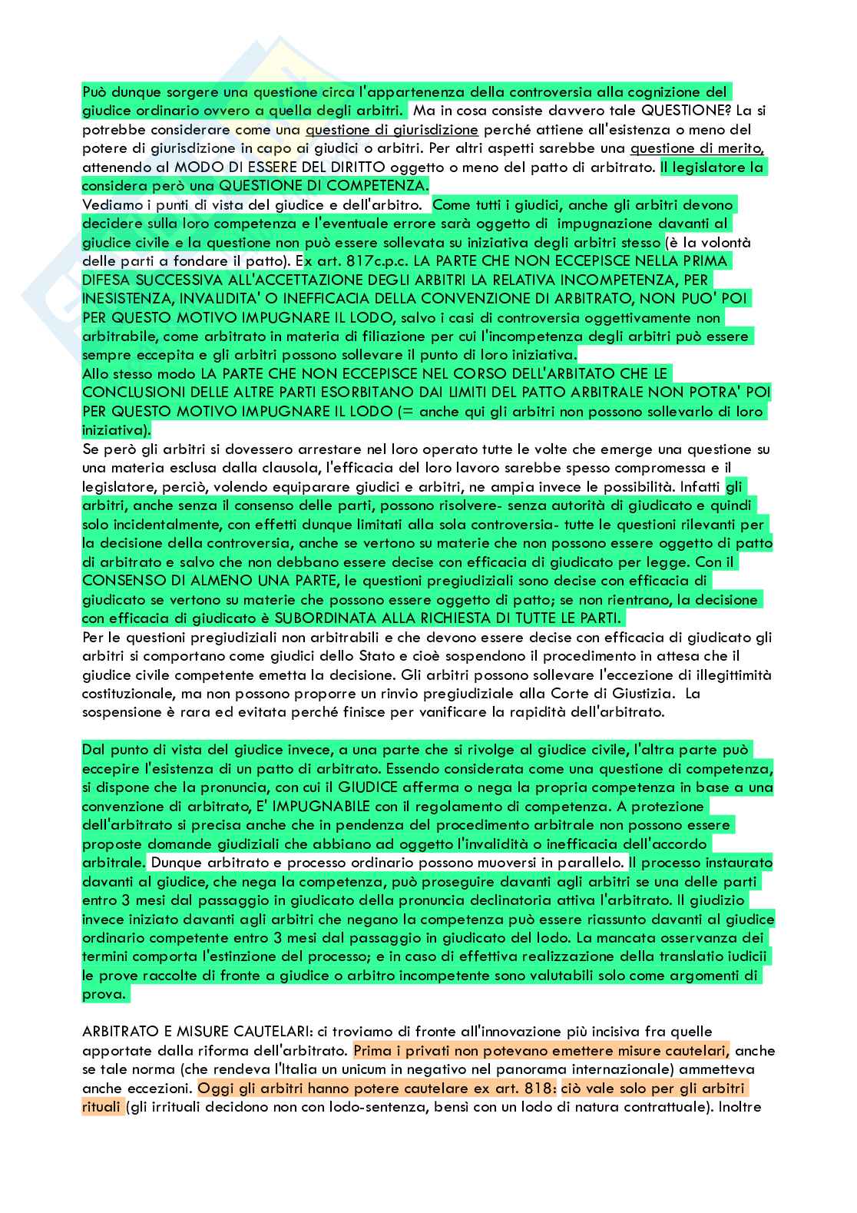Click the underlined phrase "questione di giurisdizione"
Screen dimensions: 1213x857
[392, 129]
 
